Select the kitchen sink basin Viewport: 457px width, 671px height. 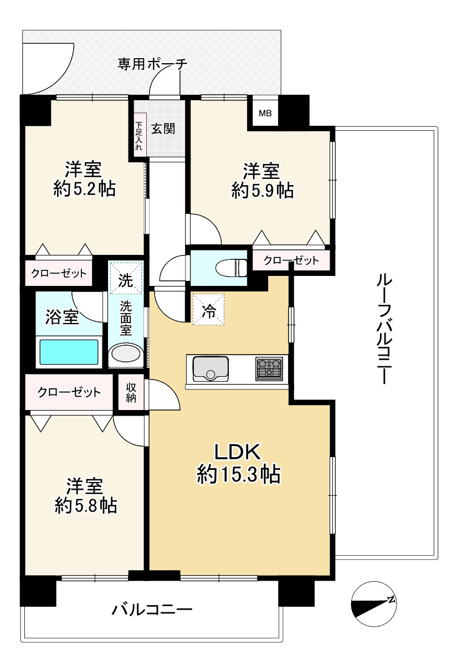pyautogui.click(x=210, y=368)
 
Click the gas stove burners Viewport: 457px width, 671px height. pyautogui.click(x=269, y=368)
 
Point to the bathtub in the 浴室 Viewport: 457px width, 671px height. pyautogui.click(x=67, y=351)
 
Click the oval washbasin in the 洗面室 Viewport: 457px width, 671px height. pyautogui.click(x=126, y=354)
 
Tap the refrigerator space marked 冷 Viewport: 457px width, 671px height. pyautogui.click(x=208, y=310)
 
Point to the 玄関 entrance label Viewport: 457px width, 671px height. pyautogui.click(x=163, y=129)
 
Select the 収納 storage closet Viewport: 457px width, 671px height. pyautogui.click(x=131, y=393)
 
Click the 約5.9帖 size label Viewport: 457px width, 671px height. pyautogui.click(x=263, y=191)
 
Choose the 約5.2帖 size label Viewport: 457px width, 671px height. pyautogui.click(x=84, y=189)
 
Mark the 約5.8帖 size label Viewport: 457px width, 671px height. pyautogui.click(x=85, y=505)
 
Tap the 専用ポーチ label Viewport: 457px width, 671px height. pyautogui.click(x=152, y=64)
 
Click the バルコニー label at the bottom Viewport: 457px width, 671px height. pyautogui.click(x=152, y=610)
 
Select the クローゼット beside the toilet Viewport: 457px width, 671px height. pyautogui.click(x=291, y=260)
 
